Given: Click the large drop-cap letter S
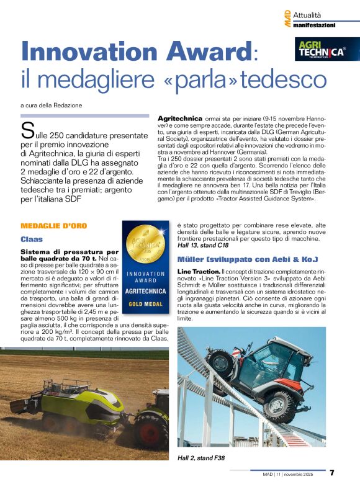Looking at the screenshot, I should click(27, 130).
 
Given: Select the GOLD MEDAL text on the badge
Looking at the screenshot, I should click(145, 304).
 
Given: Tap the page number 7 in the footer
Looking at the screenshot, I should click(332, 473).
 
